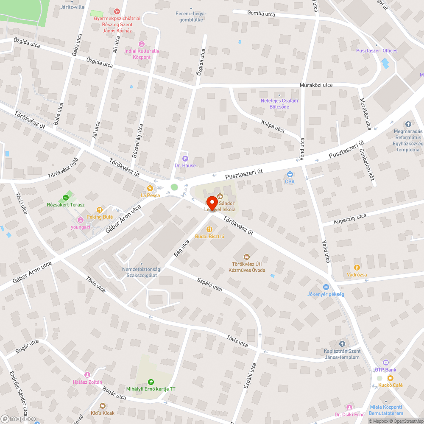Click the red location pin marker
(212, 203)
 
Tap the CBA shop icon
(290, 174)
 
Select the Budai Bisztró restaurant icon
(209, 229)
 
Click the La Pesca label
(151, 195)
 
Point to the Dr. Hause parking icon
(185, 159)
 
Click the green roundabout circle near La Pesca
(174, 187)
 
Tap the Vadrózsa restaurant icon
(357, 268)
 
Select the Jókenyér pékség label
(326, 294)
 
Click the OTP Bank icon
(385, 363)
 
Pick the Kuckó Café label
(391, 385)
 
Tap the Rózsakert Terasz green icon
(65, 198)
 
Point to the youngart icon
(81, 220)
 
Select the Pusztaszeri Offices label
(377, 51)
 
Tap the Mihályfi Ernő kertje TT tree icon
(151, 382)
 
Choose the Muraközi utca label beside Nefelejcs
(316, 85)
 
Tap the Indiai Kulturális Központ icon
(142, 44)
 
